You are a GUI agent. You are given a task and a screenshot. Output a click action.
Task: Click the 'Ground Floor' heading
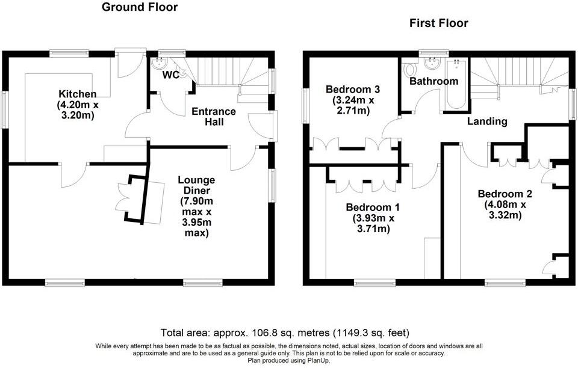click(140, 7)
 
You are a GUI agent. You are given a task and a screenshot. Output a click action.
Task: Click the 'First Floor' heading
click(438, 23)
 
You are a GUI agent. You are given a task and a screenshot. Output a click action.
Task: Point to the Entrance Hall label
click(213, 117)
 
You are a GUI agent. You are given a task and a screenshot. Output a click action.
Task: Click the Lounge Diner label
click(197, 206)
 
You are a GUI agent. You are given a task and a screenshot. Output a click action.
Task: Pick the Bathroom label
click(433, 81)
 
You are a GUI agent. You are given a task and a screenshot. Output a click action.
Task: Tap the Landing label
click(487, 121)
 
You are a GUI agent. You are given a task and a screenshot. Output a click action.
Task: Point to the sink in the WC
click(162, 62)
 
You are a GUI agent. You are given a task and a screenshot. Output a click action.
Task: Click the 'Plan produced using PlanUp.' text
click(289, 360)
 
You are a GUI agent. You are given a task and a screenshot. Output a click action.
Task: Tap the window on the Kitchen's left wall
click(5, 109)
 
